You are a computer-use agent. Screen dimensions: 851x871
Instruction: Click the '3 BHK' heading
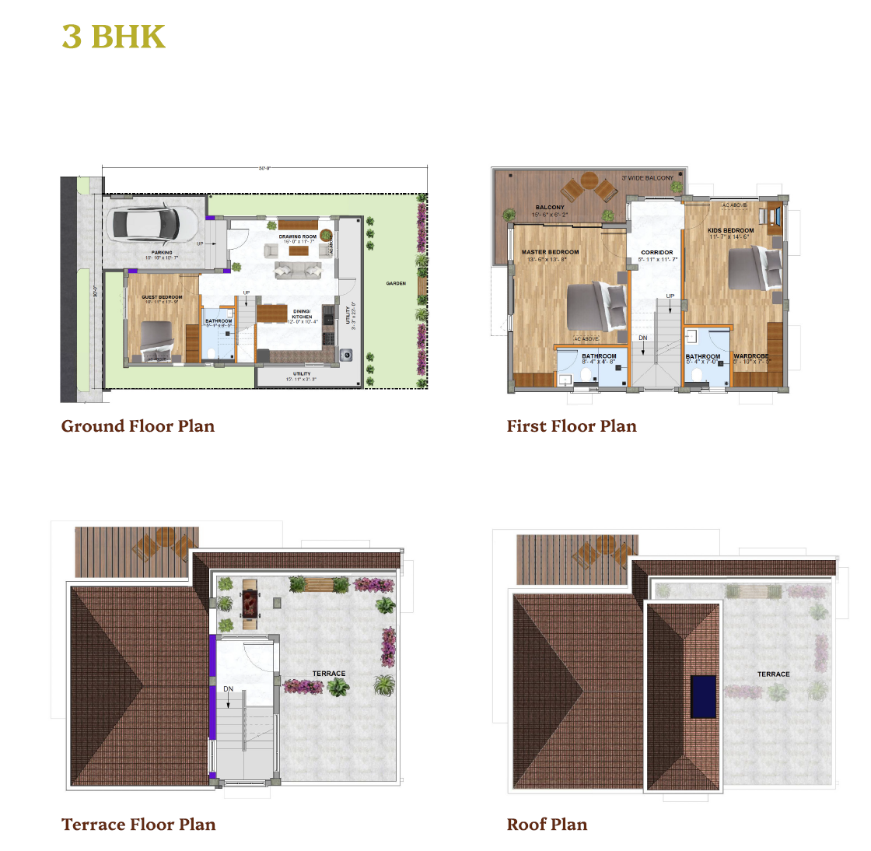pos(114,37)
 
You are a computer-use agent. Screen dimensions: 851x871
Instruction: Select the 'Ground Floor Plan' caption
pos(138,426)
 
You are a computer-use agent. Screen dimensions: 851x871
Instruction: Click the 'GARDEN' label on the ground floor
pos(396,283)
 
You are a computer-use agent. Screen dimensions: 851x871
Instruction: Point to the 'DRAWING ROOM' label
pos(298,236)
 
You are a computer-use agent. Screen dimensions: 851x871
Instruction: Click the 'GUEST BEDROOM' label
pos(162,297)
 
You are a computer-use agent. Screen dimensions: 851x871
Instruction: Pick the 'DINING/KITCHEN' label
pos(302,313)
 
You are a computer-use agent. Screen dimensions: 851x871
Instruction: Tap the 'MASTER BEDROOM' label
pos(550,252)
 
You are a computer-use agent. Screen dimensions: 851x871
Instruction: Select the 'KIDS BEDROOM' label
pos(730,230)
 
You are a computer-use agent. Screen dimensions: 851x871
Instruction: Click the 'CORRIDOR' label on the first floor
pos(657,253)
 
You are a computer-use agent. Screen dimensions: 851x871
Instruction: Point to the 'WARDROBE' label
pos(751,356)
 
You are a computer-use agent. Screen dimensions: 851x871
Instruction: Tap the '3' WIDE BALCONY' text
pos(647,178)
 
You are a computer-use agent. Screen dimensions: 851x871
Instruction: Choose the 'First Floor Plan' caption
pos(572,426)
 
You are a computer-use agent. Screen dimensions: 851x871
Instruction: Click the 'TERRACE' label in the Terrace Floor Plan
pos(329,674)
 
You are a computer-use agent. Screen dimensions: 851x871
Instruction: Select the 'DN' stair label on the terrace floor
pos(229,689)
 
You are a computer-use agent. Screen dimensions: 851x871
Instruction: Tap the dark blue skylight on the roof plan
pos(703,696)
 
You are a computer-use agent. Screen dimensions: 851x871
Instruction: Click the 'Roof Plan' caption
pos(547,825)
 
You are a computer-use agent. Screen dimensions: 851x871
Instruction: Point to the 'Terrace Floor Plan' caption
pos(138,825)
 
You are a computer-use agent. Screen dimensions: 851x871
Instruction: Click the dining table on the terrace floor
pos(250,603)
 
